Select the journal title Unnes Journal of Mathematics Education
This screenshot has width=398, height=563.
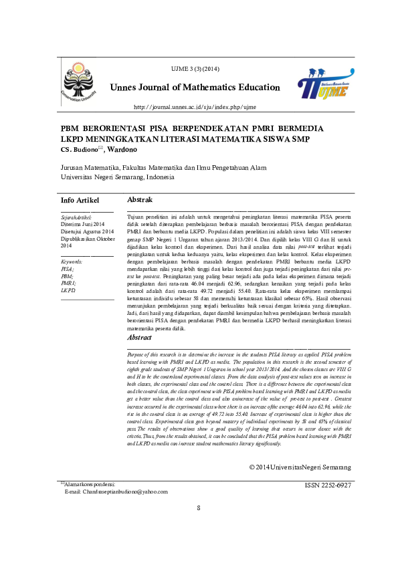(194, 87)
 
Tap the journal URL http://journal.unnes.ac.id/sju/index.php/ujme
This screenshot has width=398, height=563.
(195, 107)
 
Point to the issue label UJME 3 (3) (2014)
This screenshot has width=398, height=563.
(195, 70)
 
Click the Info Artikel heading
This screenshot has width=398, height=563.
(80, 201)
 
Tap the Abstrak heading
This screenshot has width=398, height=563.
(140, 200)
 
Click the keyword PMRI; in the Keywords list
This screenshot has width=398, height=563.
(68, 283)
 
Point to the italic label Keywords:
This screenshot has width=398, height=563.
(72, 262)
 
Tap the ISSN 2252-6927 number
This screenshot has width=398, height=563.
(327, 484)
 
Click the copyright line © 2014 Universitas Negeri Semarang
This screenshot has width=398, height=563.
(300, 466)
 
